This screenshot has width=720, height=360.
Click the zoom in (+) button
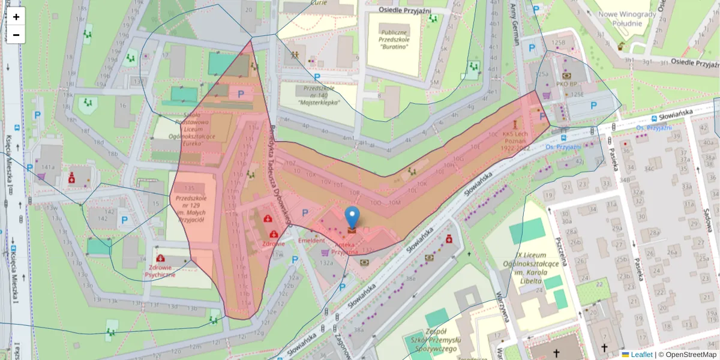[x=16, y=17]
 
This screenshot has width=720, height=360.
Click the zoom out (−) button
[x=16, y=35]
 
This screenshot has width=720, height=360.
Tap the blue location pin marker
[x=352, y=217]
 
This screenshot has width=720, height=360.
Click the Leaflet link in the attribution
[x=641, y=355]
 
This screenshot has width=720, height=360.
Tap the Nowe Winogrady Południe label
[x=625, y=19]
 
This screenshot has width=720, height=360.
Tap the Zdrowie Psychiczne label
[x=160, y=271]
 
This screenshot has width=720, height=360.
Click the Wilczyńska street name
[x=503, y=307]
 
